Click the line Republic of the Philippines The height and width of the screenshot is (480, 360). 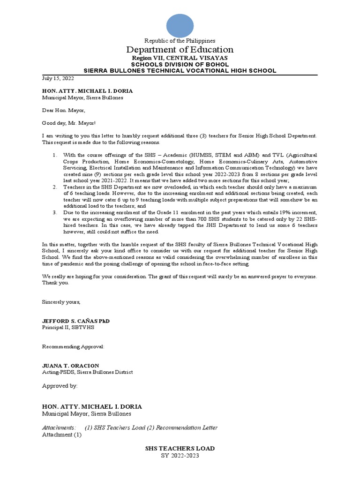coord(180,41)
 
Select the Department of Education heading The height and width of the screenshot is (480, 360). coord(180,50)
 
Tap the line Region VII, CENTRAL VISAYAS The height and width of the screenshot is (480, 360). coord(180,58)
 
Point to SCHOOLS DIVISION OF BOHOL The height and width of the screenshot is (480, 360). coord(180,64)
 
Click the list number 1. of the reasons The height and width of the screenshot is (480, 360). coord(54,155)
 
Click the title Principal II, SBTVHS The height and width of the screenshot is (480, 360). coord(68,327)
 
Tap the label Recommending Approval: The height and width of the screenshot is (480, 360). coord(74,346)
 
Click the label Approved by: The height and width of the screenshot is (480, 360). coord(60,386)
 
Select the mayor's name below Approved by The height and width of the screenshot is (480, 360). coord(92,406)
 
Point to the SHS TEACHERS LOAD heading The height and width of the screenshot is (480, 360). coord(180,449)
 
